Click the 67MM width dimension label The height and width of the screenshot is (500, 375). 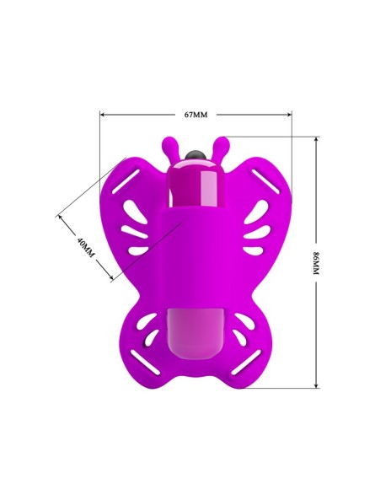pos(196,115)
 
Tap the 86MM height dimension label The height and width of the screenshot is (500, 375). pos(316,263)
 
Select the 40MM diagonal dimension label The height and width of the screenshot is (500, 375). pos(86,248)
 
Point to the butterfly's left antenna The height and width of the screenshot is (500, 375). pos(171,148)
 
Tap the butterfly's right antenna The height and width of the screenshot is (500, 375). pos(218,148)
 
